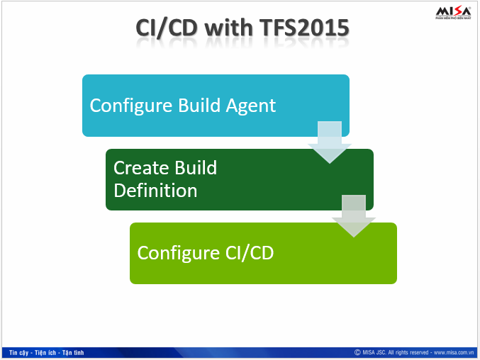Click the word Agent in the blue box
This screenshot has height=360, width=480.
[250, 106]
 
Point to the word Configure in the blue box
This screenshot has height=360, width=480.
[125, 106]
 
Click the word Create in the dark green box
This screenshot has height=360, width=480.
[139, 168]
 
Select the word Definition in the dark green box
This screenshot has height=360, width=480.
[155, 190]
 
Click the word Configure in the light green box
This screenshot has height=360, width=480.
[172, 253]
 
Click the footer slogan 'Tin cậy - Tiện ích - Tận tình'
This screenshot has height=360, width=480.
[47, 352]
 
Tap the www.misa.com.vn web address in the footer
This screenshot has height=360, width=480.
[453, 352]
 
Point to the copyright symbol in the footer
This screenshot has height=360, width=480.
[357, 352]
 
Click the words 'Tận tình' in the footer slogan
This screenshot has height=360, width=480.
[73, 352]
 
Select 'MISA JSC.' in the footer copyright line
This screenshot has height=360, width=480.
[374, 352]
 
